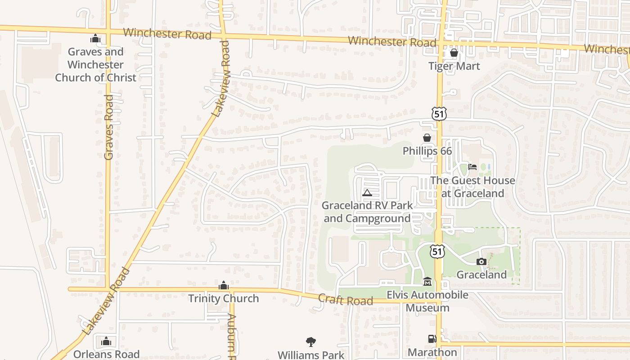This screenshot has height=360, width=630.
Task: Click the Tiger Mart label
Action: (454, 66)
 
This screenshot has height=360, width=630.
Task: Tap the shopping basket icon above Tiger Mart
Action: (454, 53)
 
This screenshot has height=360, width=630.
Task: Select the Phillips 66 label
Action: (427, 151)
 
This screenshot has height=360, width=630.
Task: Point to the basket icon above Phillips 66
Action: (427, 138)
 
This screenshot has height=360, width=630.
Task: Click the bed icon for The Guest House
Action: (472, 167)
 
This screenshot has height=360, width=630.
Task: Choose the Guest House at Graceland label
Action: (472, 187)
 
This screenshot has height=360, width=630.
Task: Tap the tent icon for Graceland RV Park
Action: (367, 193)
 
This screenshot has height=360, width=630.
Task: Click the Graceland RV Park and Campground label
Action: (367, 212)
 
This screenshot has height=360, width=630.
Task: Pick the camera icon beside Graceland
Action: (481, 261)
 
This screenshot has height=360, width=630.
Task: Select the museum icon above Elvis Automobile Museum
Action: (427, 282)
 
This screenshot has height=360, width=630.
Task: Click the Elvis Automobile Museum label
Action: (427, 301)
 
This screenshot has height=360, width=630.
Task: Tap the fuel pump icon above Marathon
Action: (432, 339)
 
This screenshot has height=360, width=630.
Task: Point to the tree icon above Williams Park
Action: (310, 342)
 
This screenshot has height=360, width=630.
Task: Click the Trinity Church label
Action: (224, 298)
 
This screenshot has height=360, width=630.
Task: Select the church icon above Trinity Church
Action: (223, 285)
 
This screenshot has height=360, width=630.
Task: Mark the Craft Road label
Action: (346, 300)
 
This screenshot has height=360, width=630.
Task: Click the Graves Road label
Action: (108, 127)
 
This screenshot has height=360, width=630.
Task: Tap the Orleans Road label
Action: (106, 354)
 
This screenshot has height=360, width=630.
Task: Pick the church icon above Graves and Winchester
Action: (95, 39)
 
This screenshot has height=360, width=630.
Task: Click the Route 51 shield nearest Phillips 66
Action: (439, 114)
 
